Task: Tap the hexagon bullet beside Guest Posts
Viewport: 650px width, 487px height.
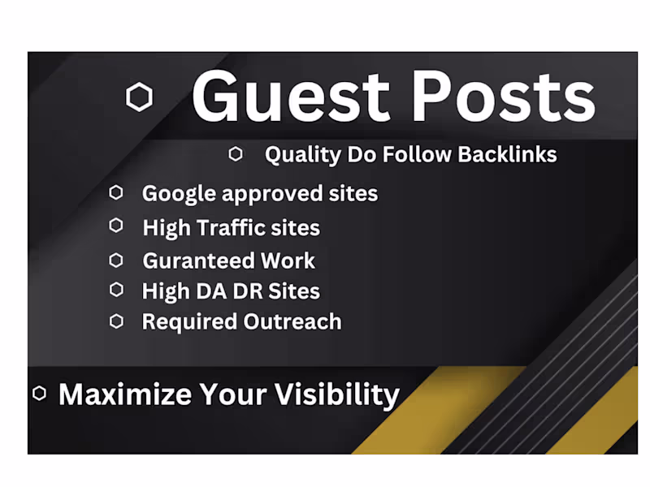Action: (x=140, y=98)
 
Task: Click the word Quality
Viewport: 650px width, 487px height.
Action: (x=295, y=155)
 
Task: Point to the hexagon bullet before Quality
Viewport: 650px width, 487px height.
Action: (x=236, y=153)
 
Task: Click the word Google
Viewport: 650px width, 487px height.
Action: (x=180, y=194)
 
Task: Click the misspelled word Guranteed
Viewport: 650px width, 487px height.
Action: (x=198, y=261)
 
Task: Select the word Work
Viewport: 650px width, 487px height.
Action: (x=287, y=261)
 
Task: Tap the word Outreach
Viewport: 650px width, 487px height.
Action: (x=292, y=321)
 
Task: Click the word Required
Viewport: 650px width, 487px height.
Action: (x=190, y=322)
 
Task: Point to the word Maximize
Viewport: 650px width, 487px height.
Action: (x=125, y=394)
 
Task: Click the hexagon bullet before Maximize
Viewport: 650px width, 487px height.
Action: (x=39, y=394)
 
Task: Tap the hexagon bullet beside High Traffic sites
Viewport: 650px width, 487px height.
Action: (x=116, y=226)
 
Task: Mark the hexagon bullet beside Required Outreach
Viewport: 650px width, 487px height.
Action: (x=116, y=321)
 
